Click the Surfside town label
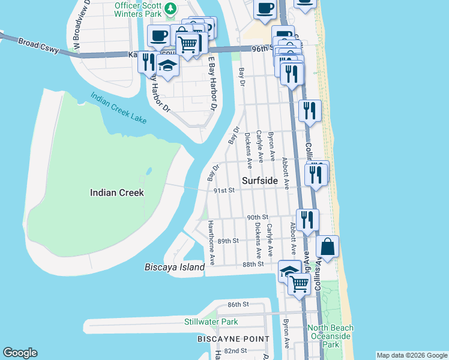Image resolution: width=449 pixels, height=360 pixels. [260, 180]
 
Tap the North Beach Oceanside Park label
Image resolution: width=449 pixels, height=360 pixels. [330, 336]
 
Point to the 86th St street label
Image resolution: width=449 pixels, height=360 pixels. [238, 305]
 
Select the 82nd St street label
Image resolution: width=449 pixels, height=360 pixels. [235, 351]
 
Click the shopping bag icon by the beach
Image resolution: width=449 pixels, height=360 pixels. [327, 247]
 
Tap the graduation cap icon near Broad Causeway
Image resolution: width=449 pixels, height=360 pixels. [168, 66]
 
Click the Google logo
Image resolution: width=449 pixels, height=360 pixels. [20, 353]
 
